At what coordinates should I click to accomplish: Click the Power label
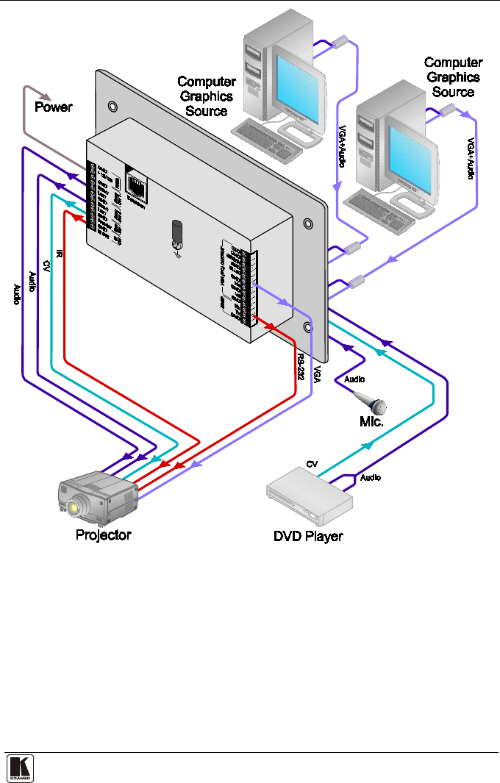pyautogui.click(x=54, y=107)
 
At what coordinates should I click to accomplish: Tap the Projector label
pyautogui.click(x=104, y=534)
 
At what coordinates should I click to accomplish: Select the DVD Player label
pyautogui.click(x=308, y=536)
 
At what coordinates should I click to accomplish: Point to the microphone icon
pyautogui.click(x=371, y=402)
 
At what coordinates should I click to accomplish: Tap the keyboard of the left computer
pyautogui.click(x=265, y=140)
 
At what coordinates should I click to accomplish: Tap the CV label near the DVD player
pyautogui.click(x=311, y=465)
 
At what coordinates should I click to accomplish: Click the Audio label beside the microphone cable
pyautogui.click(x=354, y=380)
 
